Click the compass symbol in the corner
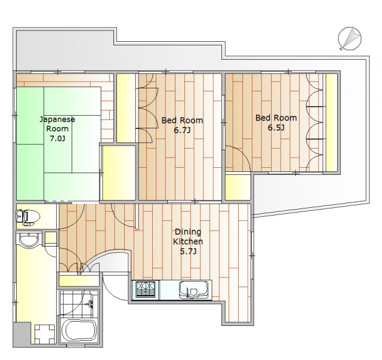[x=350, y=39]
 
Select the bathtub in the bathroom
[x=79, y=330]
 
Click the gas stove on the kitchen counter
[x=146, y=290]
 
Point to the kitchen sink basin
[x=193, y=290]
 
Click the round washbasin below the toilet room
[x=29, y=239]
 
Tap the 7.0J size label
[x=57, y=139]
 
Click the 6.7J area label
[x=182, y=130]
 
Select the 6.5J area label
[x=276, y=128]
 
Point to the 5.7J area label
[x=188, y=251]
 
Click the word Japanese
[x=57, y=119]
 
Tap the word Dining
[x=188, y=232]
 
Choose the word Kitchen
[x=188, y=242]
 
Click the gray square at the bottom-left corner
[x=22, y=334]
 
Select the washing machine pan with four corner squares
[x=44, y=334]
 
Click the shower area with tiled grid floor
[x=79, y=302]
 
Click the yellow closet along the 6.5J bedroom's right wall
[x=331, y=122]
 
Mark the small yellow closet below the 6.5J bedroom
[x=238, y=187]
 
